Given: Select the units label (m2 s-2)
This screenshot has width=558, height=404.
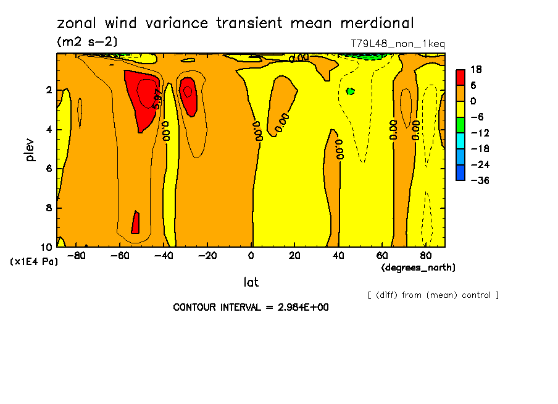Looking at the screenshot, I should [86, 42].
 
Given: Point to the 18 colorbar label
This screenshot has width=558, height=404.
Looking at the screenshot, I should [476, 69].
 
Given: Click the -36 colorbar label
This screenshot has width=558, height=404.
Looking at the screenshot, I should [478, 180].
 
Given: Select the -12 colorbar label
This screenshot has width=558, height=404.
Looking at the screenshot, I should [478, 133].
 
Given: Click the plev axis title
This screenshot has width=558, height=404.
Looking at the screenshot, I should [31, 149].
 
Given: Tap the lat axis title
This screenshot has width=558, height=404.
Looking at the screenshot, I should [251, 282].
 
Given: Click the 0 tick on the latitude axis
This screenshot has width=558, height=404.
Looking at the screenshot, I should [251, 256].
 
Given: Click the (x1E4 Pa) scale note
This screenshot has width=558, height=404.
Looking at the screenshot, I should [34, 262].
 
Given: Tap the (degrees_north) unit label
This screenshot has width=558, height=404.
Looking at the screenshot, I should [418, 267].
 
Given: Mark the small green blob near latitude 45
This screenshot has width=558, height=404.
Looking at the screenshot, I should [351, 91].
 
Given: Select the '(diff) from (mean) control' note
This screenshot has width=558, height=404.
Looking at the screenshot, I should [433, 295].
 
